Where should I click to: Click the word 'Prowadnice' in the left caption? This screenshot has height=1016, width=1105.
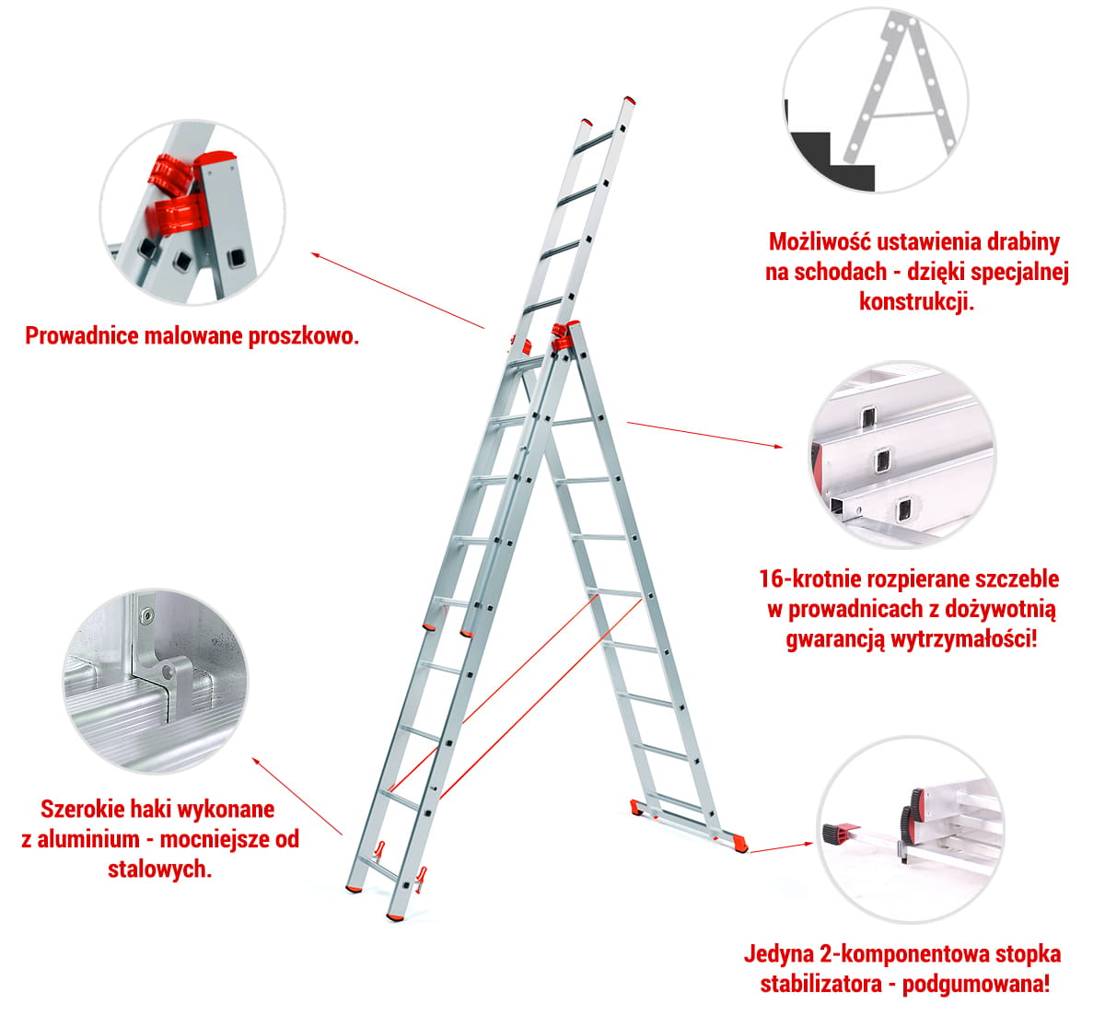tap(82, 335)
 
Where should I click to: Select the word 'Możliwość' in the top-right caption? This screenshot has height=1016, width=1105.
tap(820, 242)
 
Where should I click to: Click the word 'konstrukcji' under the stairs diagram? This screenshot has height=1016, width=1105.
tap(916, 301)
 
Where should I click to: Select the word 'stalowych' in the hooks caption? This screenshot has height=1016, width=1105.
tap(159, 870)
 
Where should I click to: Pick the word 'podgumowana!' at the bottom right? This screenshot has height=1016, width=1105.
tap(976, 985)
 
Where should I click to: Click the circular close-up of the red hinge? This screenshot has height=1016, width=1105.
tap(192, 212)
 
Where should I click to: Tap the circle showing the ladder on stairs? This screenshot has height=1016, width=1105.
tap(876, 99)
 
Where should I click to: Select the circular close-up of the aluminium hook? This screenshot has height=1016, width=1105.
tap(156, 681)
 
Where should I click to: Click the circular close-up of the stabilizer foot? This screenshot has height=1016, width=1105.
tap(910, 829)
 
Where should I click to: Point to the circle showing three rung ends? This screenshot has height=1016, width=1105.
tap(902, 454)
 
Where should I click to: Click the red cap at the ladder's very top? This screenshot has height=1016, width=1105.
tap(630, 100)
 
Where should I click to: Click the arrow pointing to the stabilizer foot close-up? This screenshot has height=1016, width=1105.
tap(781, 847)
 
